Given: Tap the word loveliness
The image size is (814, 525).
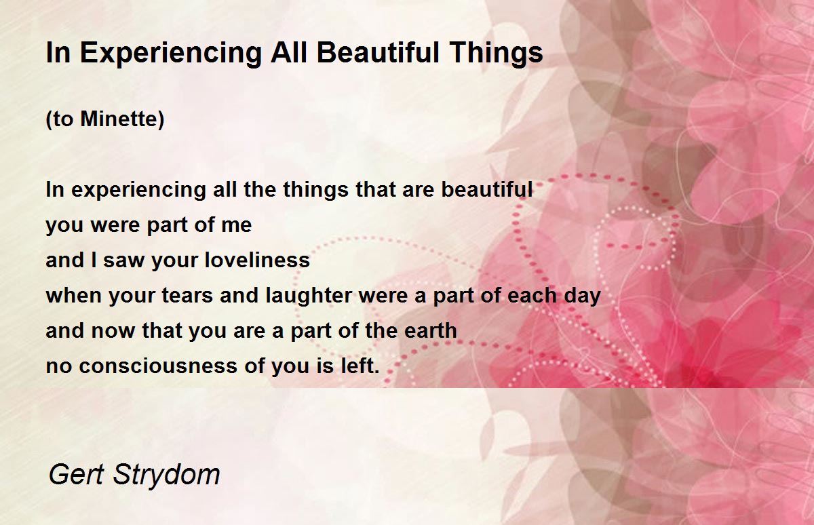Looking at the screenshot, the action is pos(257,260).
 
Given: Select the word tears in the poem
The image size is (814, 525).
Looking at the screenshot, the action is pos(187,295).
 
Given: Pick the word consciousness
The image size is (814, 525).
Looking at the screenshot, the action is pos(157,366).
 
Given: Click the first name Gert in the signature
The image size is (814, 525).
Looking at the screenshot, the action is pos(76,475).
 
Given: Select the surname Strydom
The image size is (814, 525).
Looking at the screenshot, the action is pos(166,476).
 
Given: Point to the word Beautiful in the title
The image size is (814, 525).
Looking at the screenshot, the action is pos(379,52).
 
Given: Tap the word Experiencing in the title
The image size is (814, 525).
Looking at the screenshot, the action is pos(171,54).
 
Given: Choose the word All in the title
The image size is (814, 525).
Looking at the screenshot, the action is pos(289,52).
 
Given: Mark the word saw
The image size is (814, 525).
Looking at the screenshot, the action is pos(123,261).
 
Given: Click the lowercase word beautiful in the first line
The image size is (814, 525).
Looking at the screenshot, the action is pos(487,189).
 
